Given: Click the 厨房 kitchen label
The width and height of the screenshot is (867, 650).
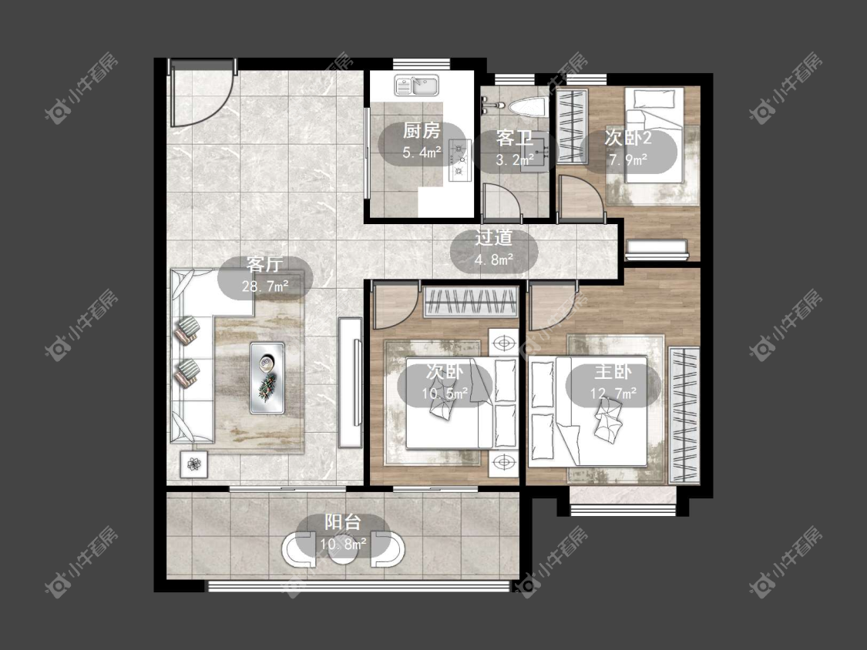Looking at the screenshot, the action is [422, 131].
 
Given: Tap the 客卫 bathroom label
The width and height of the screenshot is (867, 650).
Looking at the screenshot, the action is [514, 138].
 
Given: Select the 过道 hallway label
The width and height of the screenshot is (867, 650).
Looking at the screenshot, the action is [494, 238].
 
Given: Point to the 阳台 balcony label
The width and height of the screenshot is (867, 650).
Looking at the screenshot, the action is [343, 522].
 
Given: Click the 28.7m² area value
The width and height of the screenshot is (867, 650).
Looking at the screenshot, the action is [265, 286].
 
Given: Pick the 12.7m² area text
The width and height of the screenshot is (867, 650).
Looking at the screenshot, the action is [613, 393].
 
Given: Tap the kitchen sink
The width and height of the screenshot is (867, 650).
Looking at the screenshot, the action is [416, 85].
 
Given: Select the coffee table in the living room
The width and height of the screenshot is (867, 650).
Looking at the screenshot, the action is [267, 377].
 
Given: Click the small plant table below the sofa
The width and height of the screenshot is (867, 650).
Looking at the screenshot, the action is [193, 464].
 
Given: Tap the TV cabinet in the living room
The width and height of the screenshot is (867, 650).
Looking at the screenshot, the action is [349, 382].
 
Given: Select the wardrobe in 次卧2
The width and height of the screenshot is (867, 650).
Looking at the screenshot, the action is [572, 126].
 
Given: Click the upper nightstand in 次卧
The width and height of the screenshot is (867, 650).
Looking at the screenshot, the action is [504, 343].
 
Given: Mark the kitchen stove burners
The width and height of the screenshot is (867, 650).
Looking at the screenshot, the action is [459, 160].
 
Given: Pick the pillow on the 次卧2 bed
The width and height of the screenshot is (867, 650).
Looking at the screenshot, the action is [654, 99].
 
